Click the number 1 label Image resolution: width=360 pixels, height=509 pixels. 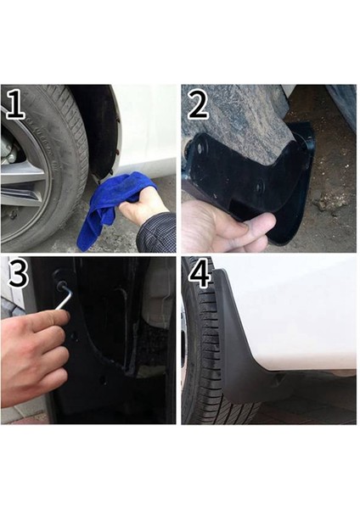click(14, 105)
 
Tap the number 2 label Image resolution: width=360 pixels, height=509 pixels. click(198, 105)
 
